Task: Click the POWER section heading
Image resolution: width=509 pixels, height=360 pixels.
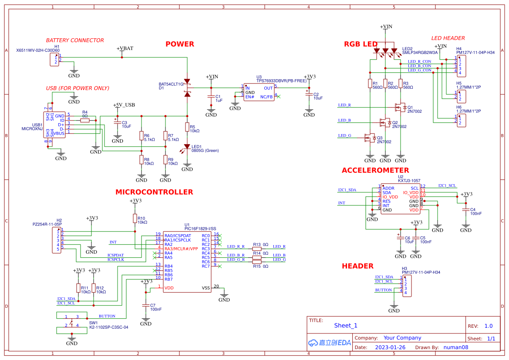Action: coord(179,44)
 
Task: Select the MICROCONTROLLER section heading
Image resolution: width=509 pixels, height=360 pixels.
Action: coord(154,192)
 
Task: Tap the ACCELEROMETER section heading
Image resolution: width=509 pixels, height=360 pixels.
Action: coord(375,170)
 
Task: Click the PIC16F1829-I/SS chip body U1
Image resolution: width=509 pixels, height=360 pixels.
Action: coord(187,261)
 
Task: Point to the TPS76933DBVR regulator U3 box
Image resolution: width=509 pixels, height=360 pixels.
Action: coord(259,92)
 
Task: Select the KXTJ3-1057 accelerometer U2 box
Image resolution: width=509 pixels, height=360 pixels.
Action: coord(400,198)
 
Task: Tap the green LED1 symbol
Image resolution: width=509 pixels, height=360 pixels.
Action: coord(187,147)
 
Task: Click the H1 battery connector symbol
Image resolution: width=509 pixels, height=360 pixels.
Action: coord(54,60)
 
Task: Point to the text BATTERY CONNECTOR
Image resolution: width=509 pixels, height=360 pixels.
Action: coord(75,40)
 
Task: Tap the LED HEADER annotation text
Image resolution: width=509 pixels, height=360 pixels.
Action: coord(448,38)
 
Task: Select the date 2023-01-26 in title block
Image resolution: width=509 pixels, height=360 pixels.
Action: coord(390,347)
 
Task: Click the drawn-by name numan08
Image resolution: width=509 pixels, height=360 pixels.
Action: coord(456,347)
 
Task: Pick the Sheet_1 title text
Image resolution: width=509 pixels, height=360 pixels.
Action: coord(346,325)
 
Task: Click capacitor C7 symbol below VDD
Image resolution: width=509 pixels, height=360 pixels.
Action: coord(146,305)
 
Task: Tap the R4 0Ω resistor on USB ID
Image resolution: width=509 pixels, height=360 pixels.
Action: coord(85,120)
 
